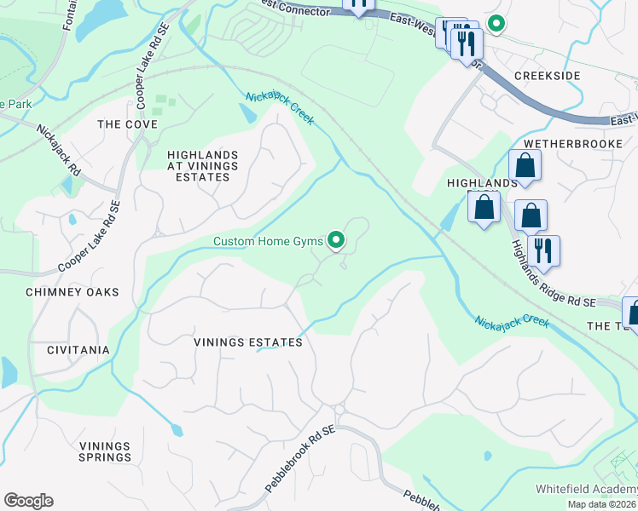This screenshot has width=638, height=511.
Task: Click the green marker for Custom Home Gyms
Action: point(336,242)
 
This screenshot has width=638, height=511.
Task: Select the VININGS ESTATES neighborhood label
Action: point(248,342)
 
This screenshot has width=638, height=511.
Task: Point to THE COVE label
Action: point(127,124)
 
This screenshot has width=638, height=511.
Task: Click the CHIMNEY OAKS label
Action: point(72,292)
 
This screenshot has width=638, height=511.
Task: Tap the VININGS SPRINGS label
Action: point(105,451)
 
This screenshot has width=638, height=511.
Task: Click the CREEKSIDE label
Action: point(547,76)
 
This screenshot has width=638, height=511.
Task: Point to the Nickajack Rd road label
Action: point(59,157)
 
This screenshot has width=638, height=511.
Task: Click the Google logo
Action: point(28,501)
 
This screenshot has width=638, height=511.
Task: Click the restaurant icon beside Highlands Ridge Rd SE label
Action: point(542,250)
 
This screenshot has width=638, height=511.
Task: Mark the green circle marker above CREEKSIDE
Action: point(495,25)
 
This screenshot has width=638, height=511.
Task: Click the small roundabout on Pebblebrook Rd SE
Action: point(339,411)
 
